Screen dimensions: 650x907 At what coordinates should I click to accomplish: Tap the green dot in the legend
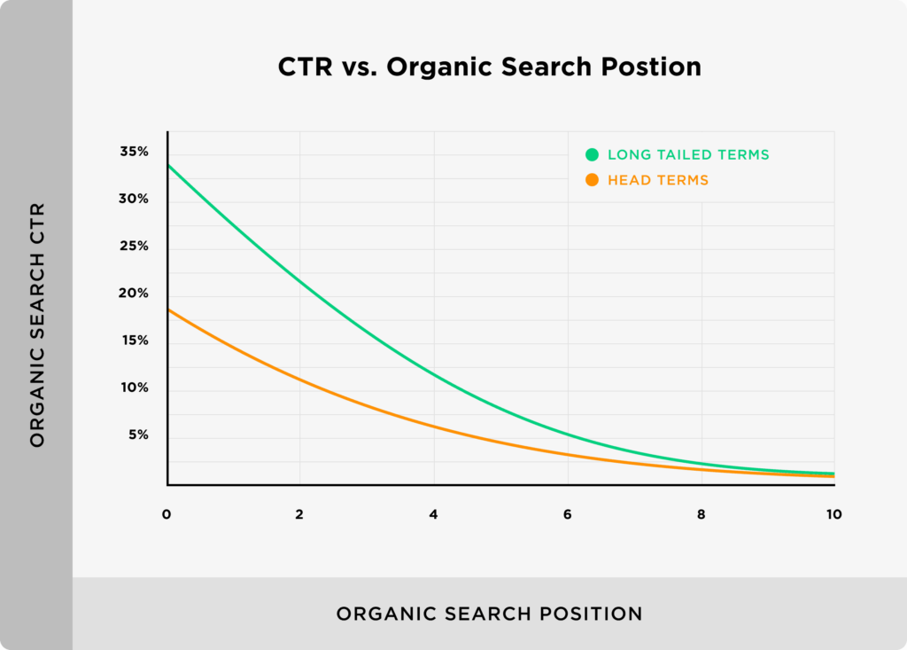pos(592,154)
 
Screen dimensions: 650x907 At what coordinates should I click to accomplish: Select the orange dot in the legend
pos(592,180)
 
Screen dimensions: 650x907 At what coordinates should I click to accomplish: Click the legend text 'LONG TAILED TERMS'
pos(688,154)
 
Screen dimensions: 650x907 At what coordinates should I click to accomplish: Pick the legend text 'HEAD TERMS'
pos(658,180)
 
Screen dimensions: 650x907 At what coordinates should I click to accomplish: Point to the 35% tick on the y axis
pos(134,152)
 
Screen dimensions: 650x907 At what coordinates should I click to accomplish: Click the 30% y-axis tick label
pos(134,199)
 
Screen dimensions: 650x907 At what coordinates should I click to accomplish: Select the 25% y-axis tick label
pos(134,246)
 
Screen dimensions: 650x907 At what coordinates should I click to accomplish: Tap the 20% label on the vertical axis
pos(134,294)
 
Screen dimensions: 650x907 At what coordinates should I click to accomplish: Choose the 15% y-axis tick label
pos(134,341)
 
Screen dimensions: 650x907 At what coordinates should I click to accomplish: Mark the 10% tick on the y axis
pos(134,388)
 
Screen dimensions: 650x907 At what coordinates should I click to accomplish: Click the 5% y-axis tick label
pos(137,435)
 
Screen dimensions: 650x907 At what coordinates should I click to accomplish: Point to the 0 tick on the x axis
pos(167,514)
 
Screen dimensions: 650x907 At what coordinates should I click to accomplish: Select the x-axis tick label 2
pos(299,514)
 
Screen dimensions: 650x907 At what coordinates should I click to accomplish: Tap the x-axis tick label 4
pos(433,514)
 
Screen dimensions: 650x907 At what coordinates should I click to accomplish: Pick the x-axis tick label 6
pos(567,514)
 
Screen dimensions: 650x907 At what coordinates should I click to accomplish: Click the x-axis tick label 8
pos(701,514)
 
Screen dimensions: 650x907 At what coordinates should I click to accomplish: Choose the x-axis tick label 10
pos(833,514)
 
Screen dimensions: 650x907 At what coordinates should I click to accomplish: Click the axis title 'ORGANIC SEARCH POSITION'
pos(489,614)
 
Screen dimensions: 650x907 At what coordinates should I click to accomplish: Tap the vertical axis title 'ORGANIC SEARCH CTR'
pos(37,325)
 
